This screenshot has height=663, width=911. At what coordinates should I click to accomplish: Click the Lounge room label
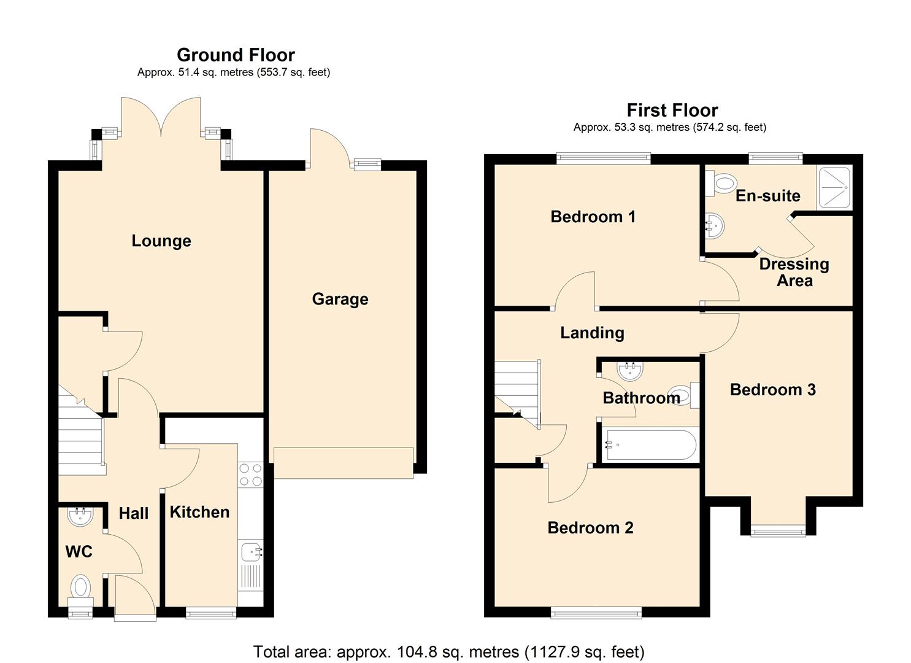pos(161,241)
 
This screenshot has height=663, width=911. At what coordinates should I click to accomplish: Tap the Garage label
pos(340,299)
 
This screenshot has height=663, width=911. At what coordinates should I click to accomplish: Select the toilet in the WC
pos(80,587)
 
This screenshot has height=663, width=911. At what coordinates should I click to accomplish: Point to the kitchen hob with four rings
pos(250,475)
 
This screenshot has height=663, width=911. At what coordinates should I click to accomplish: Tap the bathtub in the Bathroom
pos(650,444)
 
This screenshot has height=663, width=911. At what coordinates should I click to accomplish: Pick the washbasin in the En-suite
pos(715,225)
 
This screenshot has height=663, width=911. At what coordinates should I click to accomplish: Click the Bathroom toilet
pos(685,395)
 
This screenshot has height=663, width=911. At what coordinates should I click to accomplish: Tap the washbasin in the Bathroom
pos(630,371)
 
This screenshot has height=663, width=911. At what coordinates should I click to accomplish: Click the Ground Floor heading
pos(236,55)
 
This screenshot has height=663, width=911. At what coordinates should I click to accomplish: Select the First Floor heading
pos(672,110)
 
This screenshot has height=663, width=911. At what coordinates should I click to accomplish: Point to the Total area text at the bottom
pos(448,651)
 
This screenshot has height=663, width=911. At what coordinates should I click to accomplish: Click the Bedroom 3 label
pos(772,390)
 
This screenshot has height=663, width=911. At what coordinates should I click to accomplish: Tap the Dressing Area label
pos(794,272)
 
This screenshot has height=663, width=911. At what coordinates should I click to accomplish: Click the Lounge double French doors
pos(161,120)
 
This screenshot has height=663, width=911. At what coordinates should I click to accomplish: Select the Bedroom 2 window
pos(596,612)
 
